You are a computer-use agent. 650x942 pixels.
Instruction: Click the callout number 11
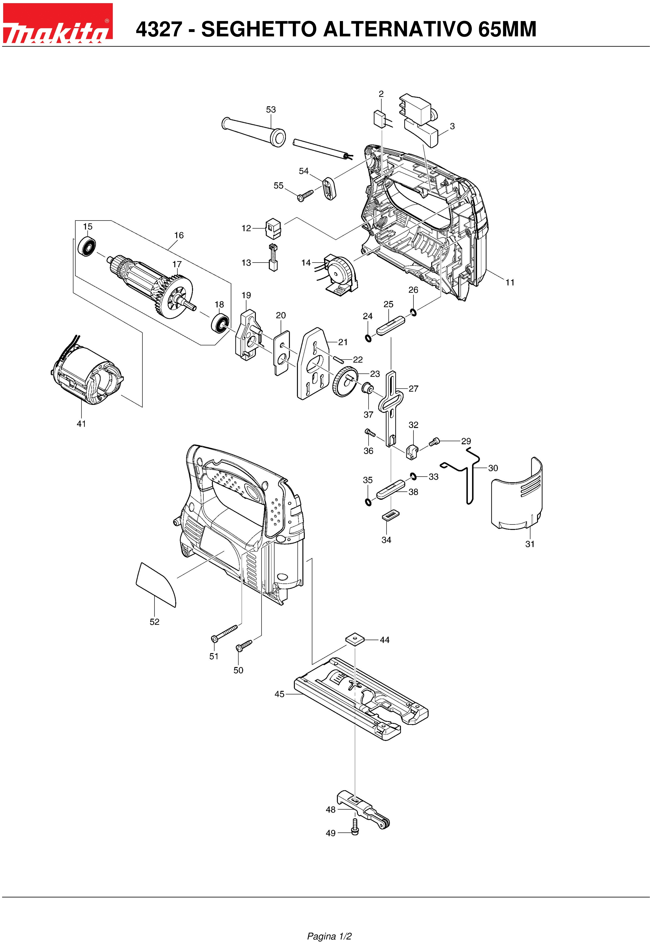[x=510, y=282]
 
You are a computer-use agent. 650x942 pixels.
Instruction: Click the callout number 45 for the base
[x=279, y=694]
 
